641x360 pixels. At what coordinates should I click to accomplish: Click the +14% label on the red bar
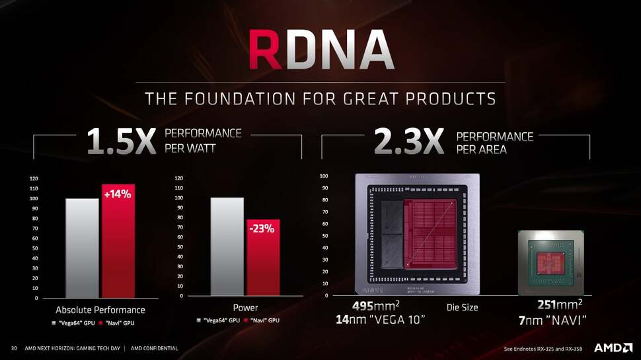(118, 194)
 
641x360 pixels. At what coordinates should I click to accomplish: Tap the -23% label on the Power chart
(262, 229)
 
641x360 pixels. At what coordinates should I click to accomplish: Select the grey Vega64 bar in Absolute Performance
(82, 248)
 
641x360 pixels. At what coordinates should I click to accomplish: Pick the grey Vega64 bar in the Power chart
(227, 246)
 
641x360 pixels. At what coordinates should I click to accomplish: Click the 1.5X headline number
(121, 142)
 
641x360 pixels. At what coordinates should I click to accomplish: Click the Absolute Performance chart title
(100, 310)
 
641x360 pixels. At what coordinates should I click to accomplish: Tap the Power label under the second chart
(245, 308)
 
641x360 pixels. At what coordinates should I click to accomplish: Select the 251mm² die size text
(560, 306)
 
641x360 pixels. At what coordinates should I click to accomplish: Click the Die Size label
(462, 307)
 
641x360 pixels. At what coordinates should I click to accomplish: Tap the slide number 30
(13, 348)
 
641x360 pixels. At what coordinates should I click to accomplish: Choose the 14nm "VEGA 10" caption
(379, 320)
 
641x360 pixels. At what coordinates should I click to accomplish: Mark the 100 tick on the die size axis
(323, 176)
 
